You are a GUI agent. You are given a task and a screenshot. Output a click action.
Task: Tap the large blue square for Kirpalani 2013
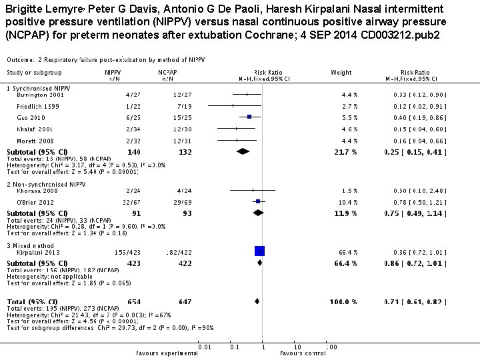coord(259,251)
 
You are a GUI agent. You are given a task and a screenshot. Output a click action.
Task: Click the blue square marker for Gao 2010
coord(249,117)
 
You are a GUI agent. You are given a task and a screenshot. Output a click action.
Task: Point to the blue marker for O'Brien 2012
coord(257,201)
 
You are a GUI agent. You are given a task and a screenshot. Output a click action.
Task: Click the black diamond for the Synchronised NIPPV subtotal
coord(243,151)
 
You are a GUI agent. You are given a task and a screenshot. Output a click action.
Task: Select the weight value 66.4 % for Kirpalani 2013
coord(347,252)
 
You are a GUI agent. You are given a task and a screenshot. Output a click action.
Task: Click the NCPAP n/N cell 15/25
coord(167,117)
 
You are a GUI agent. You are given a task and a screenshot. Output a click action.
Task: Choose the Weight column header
coord(341,72)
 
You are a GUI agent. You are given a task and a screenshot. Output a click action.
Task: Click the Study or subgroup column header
coord(34,72)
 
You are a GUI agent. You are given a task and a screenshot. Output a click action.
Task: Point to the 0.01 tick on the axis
coord(204,347)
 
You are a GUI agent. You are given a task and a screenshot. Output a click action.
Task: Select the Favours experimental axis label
coord(163,353)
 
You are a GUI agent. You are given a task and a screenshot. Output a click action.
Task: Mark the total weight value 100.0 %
coord(345,302)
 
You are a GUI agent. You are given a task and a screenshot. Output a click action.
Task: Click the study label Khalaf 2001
coord(29,128)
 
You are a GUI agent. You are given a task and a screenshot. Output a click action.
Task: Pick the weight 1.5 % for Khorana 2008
coord(349,190)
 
